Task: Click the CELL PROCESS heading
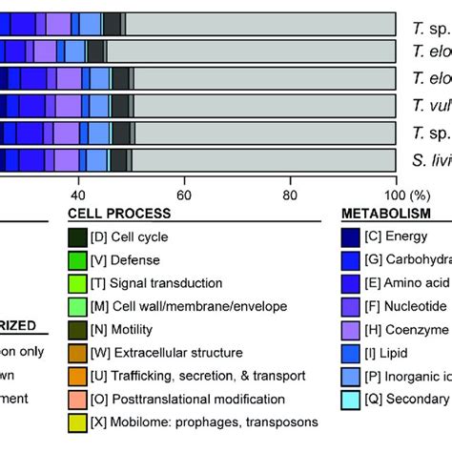click(120, 215)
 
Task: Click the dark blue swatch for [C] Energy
click(352, 237)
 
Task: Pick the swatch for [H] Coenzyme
click(352, 328)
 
